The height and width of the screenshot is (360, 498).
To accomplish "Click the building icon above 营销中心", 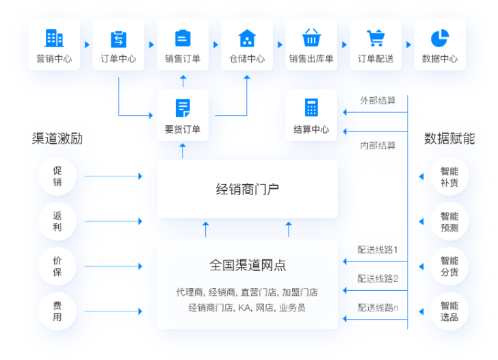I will tap(53, 38).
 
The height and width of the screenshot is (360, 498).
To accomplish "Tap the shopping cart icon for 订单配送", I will tap(376, 38).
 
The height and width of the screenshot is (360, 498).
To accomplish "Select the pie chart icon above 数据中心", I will tap(440, 38).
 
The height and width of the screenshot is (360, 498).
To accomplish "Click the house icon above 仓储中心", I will tap(247, 38).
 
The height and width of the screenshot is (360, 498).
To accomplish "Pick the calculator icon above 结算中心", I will tap(311, 107).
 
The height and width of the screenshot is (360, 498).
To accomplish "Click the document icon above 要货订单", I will tap(183, 107).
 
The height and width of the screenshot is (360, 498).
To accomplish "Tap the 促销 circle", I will tap(57, 177).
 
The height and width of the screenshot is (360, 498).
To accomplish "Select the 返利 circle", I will tap(57, 221).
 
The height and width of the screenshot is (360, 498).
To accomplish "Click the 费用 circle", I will tap(57, 311).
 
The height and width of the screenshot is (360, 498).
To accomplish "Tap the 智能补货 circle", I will tap(449, 177).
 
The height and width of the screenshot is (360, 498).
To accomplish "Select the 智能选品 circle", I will tap(449, 311).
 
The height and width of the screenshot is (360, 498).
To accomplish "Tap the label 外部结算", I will tap(378, 100).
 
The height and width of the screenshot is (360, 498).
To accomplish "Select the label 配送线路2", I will tap(378, 279).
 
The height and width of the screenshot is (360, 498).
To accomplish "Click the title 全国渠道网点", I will tap(247, 264).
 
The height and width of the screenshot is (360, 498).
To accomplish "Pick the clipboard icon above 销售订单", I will tap(183, 38).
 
